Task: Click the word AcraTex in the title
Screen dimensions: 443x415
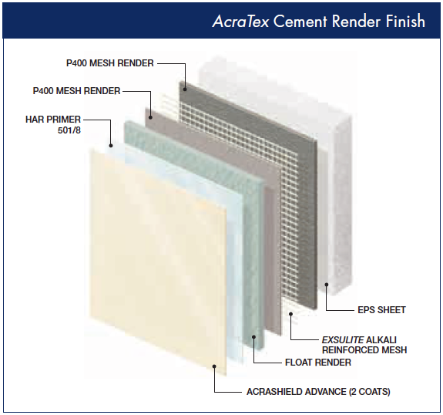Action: click(x=240, y=22)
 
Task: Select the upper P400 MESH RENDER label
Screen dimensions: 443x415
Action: click(x=110, y=63)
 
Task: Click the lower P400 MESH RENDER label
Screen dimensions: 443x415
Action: click(x=76, y=91)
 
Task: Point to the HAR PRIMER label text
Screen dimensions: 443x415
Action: click(x=53, y=120)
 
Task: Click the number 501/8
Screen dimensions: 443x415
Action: click(x=69, y=130)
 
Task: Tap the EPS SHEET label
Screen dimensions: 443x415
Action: click(x=381, y=310)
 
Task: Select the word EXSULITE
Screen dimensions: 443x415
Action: click(x=343, y=339)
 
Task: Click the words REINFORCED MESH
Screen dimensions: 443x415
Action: click(x=364, y=350)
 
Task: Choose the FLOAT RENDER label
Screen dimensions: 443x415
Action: click(x=318, y=363)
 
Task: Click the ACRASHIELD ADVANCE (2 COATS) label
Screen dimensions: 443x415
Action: click(x=318, y=392)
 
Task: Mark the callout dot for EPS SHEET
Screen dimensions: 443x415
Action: click(x=327, y=285)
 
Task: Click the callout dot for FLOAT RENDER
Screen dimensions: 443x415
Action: click(x=253, y=337)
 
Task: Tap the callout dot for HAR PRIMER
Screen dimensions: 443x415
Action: click(x=111, y=146)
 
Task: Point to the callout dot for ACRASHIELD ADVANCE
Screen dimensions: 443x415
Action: click(x=214, y=366)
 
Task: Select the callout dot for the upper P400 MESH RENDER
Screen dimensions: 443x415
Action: click(x=185, y=89)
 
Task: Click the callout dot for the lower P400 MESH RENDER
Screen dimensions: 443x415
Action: click(x=150, y=117)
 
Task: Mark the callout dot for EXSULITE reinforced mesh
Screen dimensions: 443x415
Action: click(x=290, y=313)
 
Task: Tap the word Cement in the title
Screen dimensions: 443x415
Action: click(x=300, y=22)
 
